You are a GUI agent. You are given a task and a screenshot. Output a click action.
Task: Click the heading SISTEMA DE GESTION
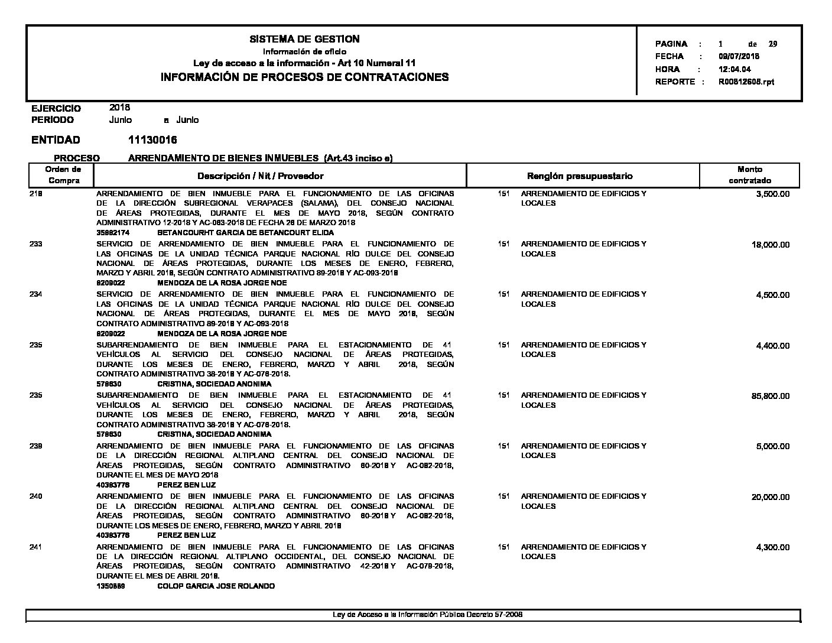[304, 39]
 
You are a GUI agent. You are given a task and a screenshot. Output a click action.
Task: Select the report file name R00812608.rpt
[746, 82]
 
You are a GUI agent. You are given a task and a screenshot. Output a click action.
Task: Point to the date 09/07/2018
[739, 57]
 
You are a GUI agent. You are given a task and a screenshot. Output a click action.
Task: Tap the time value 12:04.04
[734, 69]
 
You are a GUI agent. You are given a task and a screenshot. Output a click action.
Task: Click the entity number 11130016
[152, 140]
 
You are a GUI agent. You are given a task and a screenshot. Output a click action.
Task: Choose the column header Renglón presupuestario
[579, 176]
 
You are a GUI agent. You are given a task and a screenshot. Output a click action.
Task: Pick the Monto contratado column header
[749, 175]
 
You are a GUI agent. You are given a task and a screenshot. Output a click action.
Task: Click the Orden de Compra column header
[64, 175]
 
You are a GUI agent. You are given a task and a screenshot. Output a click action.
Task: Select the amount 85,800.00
[770, 396]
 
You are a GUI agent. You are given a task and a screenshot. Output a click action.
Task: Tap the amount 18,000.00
[770, 245]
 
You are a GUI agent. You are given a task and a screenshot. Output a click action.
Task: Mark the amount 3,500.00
[772, 194]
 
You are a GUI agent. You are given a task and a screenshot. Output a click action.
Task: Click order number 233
[35, 244]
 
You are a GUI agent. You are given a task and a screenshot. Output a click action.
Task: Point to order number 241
[35, 547]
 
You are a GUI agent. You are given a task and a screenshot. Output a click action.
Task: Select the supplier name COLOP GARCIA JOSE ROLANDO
[216, 586]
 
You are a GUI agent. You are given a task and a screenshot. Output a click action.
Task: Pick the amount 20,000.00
[770, 497]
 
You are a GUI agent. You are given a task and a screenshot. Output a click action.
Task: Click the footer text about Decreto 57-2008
[428, 615]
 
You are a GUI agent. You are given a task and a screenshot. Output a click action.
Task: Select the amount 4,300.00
[772, 547]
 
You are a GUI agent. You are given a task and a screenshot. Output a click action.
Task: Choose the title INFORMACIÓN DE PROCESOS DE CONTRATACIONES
[304, 77]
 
